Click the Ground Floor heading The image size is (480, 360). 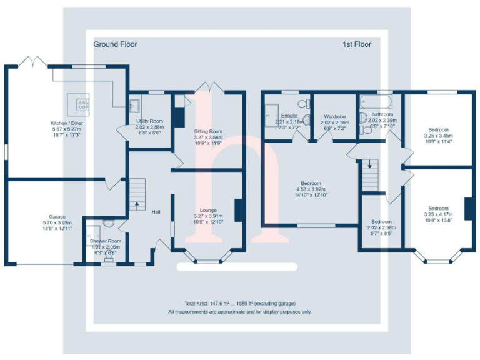[x=115, y=44]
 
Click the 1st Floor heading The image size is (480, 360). [x=357, y=44]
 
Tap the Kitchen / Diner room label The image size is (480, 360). [x=67, y=124]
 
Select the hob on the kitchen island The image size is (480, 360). [x=82, y=102]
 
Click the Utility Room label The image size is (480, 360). [x=149, y=121]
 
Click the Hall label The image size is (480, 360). [x=156, y=212]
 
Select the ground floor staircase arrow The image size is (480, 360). [x=137, y=204]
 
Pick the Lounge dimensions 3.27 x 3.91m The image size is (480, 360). [x=208, y=216]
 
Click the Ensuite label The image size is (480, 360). [x=289, y=116]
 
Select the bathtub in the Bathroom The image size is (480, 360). [x=376, y=101]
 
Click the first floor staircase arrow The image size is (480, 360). [x=370, y=166]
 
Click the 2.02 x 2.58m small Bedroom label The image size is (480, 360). [x=381, y=222]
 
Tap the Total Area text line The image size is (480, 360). [x=240, y=303]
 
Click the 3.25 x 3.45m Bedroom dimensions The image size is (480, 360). [x=438, y=136]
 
